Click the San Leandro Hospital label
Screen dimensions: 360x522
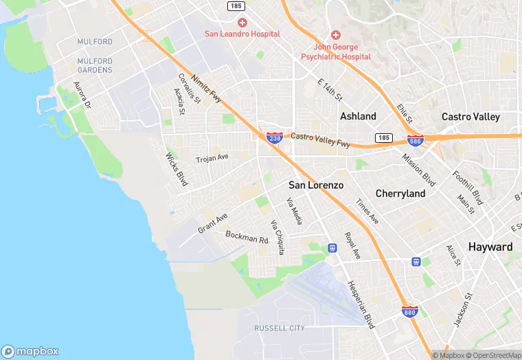tap(242, 34)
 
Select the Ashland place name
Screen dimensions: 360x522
tap(358, 116)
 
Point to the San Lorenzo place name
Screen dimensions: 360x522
tap(316, 185)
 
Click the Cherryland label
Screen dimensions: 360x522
tap(400, 194)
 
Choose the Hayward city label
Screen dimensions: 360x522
tap(490, 247)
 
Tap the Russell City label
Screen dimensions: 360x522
tap(279, 328)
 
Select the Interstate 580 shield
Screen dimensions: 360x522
tap(415, 141)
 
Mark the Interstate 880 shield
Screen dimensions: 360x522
tap(410, 313)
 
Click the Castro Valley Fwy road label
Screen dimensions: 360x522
tap(320, 140)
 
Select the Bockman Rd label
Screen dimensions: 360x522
tap(247, 237)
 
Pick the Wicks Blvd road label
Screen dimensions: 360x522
tap(177, 169)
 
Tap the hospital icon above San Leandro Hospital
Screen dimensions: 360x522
tap(242, 23)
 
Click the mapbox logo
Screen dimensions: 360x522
tap(31, 351)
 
